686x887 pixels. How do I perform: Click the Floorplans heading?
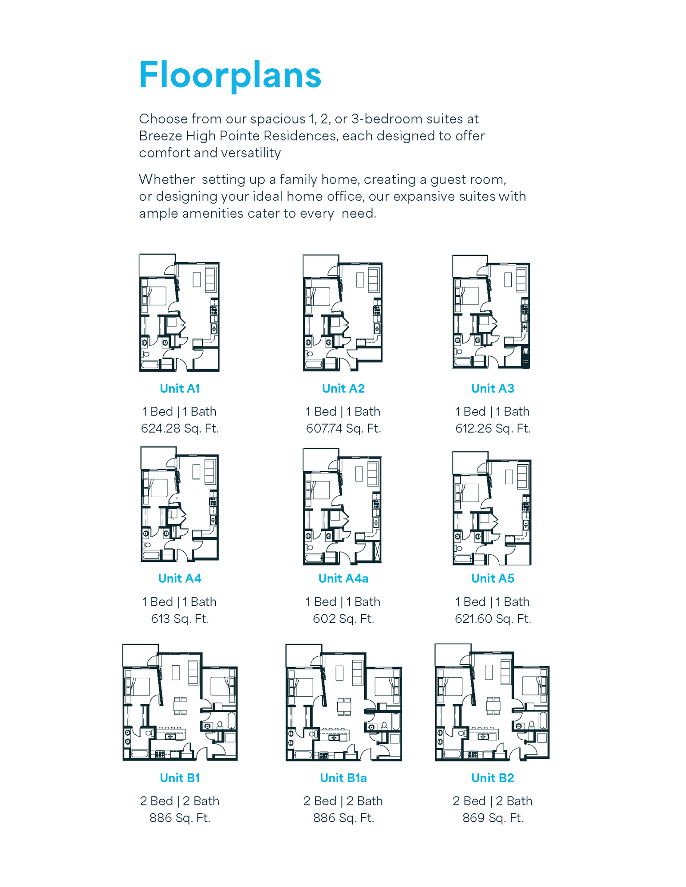(230, 75)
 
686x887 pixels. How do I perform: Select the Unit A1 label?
(180, 389)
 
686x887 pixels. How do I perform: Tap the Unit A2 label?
(343, 389)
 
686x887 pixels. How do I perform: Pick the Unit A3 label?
(493, 389)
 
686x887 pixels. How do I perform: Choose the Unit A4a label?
(343, 578)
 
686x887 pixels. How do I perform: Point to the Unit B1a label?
(343, 778)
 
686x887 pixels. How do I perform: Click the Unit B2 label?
(493, 778)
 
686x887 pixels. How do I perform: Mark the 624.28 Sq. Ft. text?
(180, 428)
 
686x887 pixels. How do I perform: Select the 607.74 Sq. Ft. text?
(343, 428)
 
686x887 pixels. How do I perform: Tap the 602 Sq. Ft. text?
(343, 619)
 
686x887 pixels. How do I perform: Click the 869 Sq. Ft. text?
(493, 818)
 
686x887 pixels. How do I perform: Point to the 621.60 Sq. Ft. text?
(493, 619)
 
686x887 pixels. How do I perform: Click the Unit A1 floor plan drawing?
(179, 313)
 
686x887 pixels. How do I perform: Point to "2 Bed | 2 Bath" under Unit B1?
(180, 801)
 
